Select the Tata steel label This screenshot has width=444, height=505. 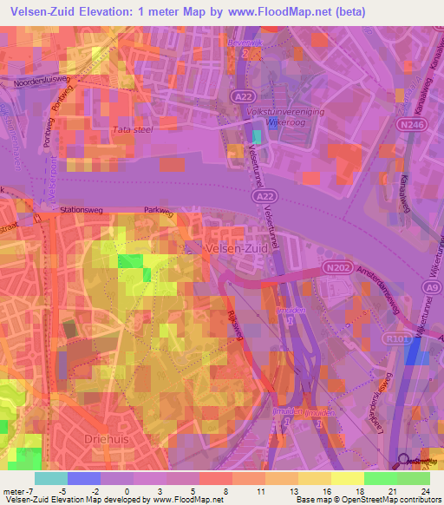133,130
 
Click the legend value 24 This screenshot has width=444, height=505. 425,490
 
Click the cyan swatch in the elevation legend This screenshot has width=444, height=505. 51,478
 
